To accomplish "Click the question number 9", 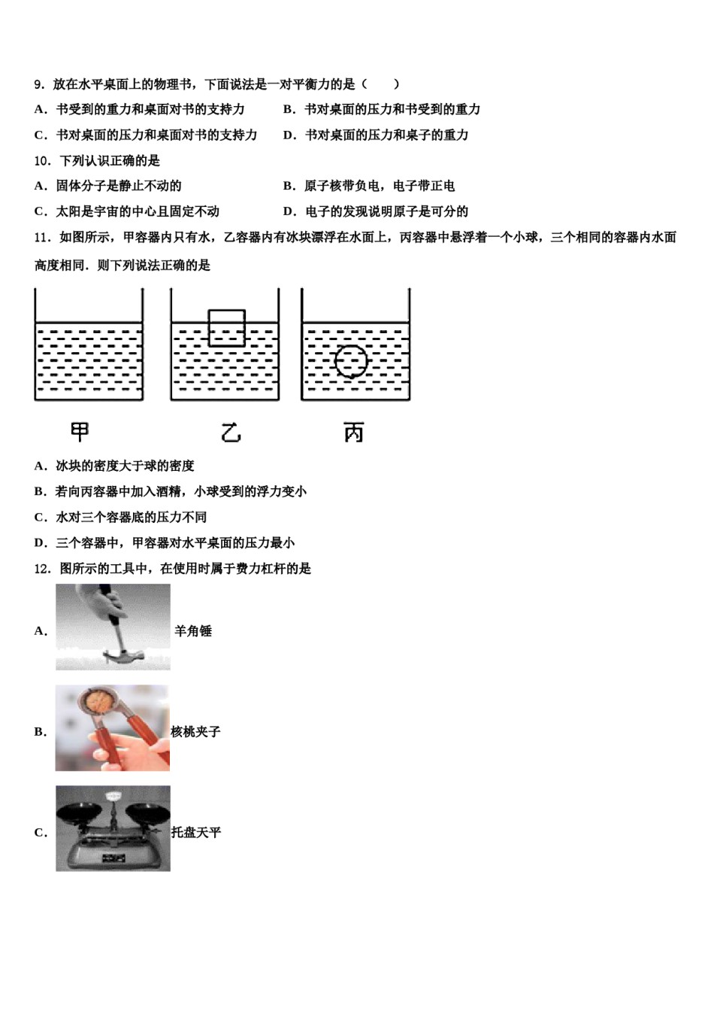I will (x=40, y=84).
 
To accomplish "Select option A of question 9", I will (x=140, y=110).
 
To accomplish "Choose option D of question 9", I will (x=376, y=135).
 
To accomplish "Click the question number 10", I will (x=43, y=161).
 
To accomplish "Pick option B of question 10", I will (x=369, y=186).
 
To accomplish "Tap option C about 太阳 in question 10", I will (x=127, y=211).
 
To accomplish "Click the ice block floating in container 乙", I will (x=226, y=327).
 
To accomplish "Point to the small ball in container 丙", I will (x=351, y=361).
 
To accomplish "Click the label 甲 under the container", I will (x=79, y=432).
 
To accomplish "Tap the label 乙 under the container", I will (x=231, y=433).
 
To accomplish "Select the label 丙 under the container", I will (x=353, y=433).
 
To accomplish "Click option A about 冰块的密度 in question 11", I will (x=114, y=466).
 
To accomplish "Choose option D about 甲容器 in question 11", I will (x=165, y=543).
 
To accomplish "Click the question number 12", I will (x=43, y=569).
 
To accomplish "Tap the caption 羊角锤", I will (x=193, y=631).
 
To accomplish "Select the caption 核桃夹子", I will (x=195, y=732).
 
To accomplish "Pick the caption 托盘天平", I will (x=196, y=833).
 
